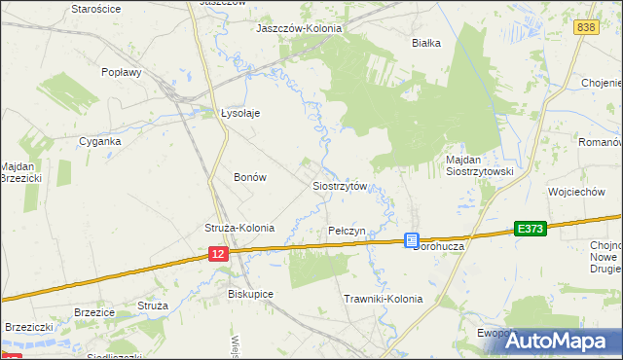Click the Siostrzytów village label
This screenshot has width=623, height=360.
click(x=339, y=186)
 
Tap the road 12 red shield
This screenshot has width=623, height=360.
click(x=218, y=253)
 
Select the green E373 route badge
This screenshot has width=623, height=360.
click(x=531, y=228)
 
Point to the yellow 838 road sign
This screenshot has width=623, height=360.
click(x=585, y=28)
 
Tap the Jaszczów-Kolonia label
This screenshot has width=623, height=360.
click(x=299, y=29)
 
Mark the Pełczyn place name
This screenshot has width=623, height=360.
click(x=347, y=231)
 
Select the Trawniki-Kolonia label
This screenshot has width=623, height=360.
click(x=384, y=299)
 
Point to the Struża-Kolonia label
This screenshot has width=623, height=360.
click(x=239, y=228)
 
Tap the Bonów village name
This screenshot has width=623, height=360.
click(x=250, y=177)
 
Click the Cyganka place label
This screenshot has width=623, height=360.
click(x=100, y=141)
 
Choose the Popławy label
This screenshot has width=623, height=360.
click(x=123, y=72)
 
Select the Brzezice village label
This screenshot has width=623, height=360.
click(x=94, y=312)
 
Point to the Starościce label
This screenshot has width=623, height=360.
click(x=96, y=8)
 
